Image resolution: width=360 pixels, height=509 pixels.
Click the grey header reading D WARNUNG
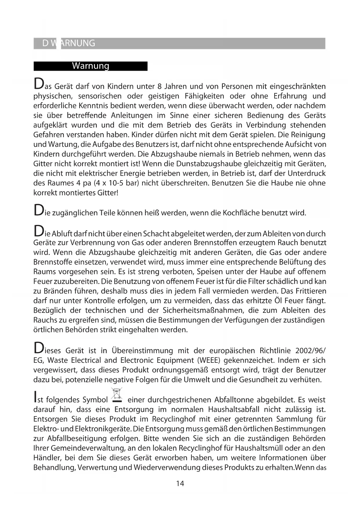(69, 43)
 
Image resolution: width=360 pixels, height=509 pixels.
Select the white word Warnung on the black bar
(91, 66)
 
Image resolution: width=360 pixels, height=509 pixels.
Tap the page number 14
(180, 483)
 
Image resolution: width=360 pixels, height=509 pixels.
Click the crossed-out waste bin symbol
(117, 395)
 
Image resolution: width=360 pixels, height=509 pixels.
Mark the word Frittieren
(310, 291)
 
